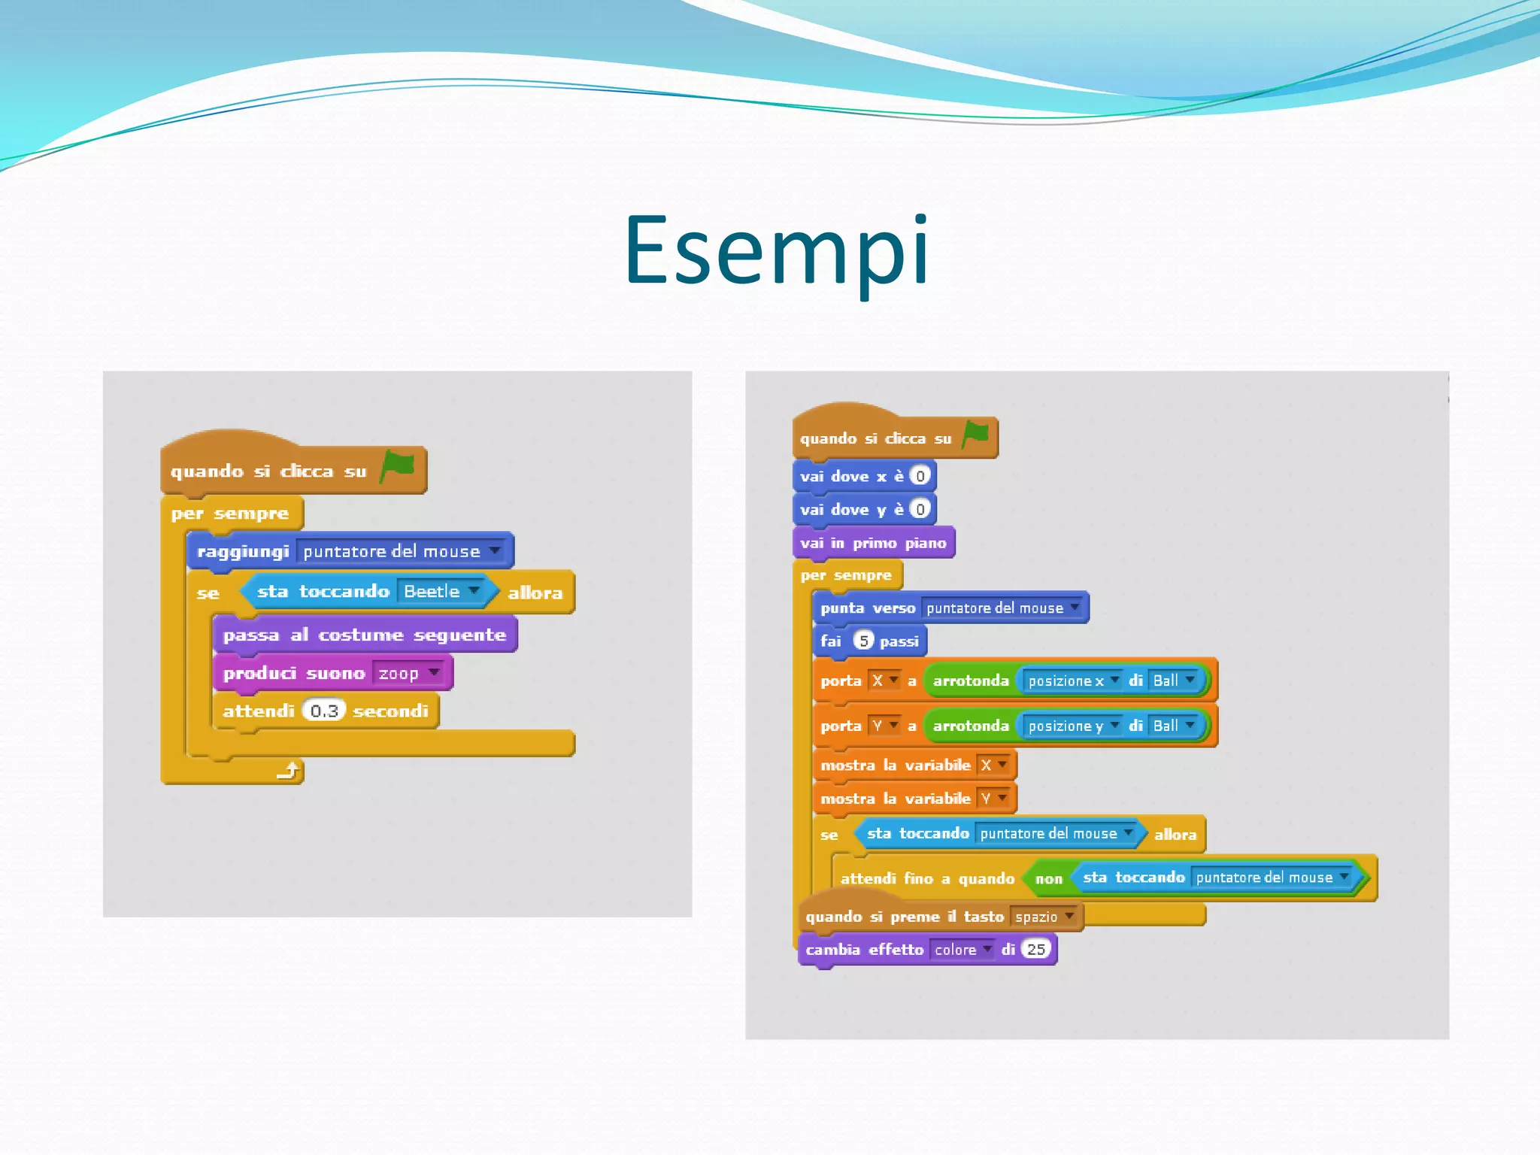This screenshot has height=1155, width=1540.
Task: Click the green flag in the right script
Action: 976,434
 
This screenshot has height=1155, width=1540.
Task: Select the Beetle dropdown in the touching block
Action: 441,591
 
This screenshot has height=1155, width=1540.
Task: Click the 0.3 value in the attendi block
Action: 324,711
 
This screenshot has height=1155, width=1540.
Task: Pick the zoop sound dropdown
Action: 409,673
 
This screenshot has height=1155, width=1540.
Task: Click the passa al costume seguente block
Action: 365,635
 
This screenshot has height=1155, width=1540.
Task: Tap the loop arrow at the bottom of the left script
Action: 289,770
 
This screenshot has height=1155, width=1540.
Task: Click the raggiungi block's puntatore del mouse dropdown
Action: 402,551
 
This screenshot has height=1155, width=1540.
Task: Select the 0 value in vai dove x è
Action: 920,476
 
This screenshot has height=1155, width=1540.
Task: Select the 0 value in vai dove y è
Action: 920,509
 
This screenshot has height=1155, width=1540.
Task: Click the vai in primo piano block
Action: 873,543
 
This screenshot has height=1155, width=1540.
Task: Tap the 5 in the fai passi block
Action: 864,641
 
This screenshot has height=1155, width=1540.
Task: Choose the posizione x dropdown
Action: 1072,681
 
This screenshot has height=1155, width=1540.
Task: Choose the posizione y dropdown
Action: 1072,726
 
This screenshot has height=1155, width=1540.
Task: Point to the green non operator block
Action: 1048,878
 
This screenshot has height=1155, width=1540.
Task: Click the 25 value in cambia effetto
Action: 1036,949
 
